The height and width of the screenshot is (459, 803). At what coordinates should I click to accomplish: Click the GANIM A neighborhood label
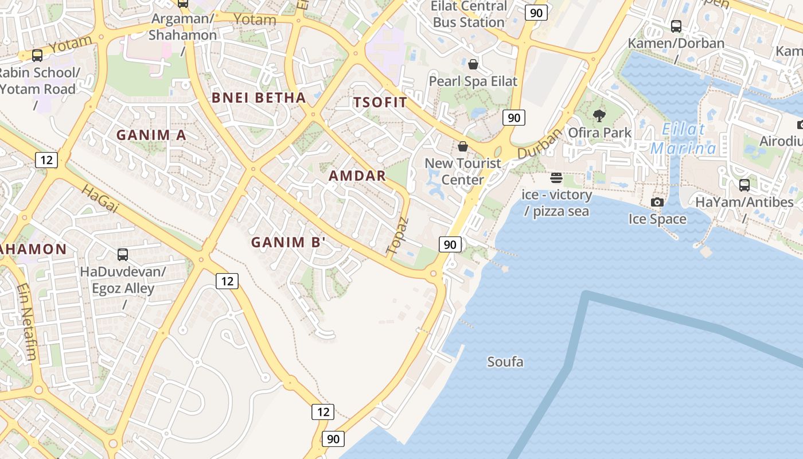(151, 135)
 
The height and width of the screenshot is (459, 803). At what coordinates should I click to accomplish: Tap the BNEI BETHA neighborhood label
(259, 98)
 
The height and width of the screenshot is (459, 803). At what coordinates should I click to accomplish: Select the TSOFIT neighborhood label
(380, 103)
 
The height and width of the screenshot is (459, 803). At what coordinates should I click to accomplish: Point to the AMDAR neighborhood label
(357, 176)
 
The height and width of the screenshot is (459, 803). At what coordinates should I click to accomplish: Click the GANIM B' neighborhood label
(289, 242)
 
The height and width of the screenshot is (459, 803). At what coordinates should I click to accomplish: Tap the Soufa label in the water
(505, 362)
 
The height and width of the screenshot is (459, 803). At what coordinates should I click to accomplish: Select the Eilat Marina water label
(683, 139)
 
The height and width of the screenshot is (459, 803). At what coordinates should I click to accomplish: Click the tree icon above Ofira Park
(599, 116)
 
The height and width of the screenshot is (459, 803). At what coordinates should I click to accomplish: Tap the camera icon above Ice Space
(657, 202)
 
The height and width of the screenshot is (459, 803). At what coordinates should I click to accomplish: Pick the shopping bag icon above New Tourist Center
(463, 147)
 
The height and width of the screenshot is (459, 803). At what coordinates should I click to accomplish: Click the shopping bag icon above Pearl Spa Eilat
(473, 64)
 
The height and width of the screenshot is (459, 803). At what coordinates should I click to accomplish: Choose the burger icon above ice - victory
(556, 178)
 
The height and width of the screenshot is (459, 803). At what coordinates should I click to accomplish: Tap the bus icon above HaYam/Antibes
(744, 185)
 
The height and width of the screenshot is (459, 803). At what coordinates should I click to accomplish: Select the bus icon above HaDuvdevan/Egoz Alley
(123, 255)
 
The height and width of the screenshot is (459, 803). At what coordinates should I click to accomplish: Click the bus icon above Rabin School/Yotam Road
(37, 56)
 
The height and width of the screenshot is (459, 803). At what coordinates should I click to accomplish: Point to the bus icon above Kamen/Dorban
(676, 26)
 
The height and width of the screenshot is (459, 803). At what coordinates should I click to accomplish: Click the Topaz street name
(397, 235)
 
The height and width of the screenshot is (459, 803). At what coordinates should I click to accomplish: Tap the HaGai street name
(100, 199)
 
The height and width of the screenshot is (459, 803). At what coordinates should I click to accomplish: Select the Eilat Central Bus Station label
(469, 14)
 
